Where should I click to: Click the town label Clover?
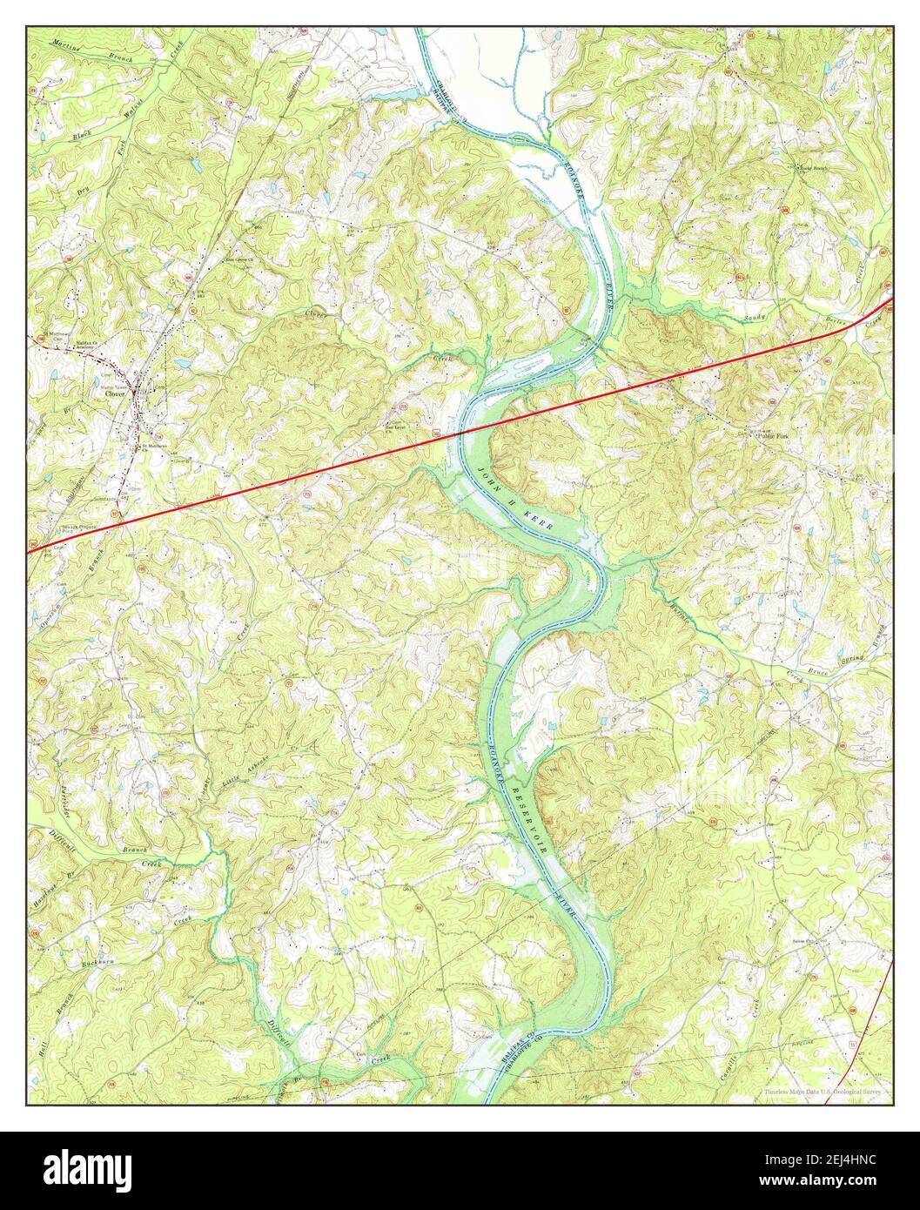tap(116, 393)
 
